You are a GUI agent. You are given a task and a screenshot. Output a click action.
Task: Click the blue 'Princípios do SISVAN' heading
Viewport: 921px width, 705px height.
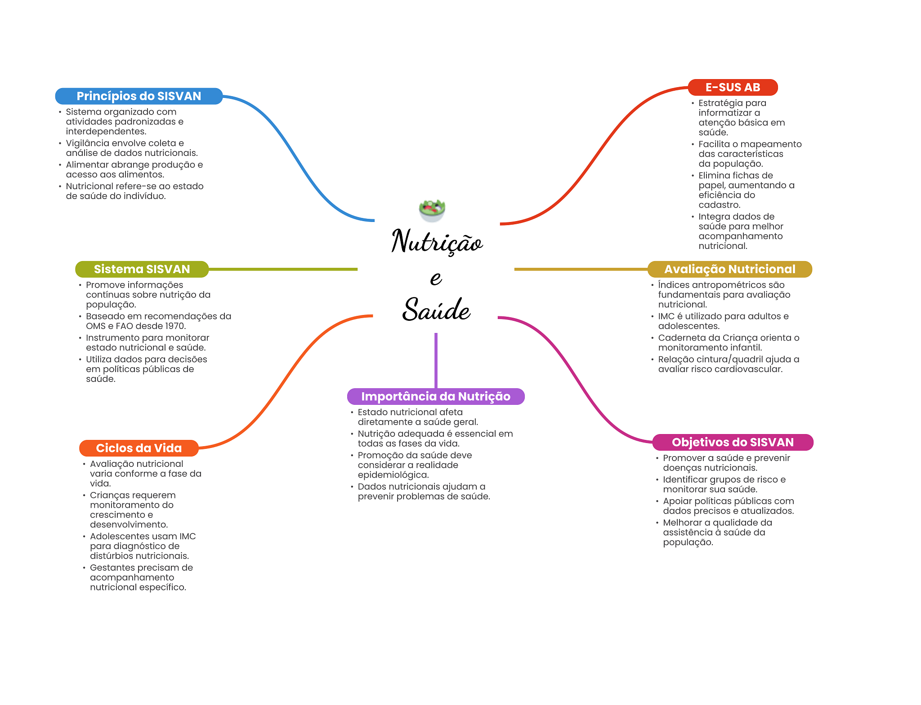click(x=139, y=96)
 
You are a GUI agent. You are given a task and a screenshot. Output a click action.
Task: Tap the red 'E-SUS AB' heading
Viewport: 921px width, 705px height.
click(x=733, y=87)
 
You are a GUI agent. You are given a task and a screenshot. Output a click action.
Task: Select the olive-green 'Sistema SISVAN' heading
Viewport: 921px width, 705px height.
click(x=142, y=269)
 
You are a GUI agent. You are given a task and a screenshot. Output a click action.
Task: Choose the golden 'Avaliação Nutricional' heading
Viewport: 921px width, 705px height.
click(x=729, y=269)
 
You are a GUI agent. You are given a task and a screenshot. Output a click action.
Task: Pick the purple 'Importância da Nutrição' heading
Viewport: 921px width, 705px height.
click(x=436, y=396)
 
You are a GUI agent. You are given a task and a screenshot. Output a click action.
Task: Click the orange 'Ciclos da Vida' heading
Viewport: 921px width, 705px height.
click(x=139, y=448)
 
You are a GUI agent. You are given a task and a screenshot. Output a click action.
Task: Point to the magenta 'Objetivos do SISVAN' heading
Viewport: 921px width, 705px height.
click(x=733, y=442)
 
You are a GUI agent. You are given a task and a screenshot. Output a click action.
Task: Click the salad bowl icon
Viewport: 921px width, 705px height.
click(x=432, y=210)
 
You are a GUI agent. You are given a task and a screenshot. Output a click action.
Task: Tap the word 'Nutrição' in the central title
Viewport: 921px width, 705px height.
click(x=437, y=241)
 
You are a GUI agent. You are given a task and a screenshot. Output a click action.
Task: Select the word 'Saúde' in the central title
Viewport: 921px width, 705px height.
click(x=436, y=309)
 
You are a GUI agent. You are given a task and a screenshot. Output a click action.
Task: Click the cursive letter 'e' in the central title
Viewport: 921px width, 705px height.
click(x=436, y=278)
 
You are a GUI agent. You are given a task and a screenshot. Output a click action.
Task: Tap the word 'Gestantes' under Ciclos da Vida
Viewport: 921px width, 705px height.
click(x=112, y=568)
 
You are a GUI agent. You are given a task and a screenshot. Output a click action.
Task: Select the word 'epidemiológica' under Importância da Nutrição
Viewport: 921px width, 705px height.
click(x=393, y=475)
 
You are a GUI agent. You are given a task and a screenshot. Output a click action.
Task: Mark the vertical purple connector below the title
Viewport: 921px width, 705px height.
click(x=436, y=360)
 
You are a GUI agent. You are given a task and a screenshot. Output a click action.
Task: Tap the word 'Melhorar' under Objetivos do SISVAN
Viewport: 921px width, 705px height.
click(x=682, y=523)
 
